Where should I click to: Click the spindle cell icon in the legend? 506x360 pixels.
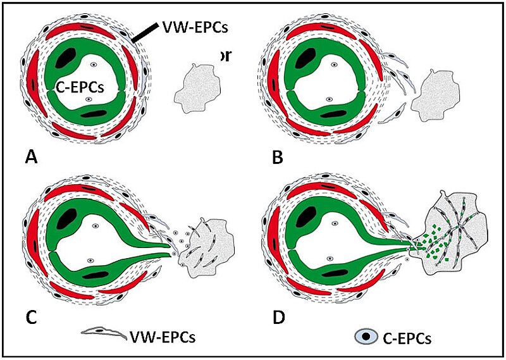105,332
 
